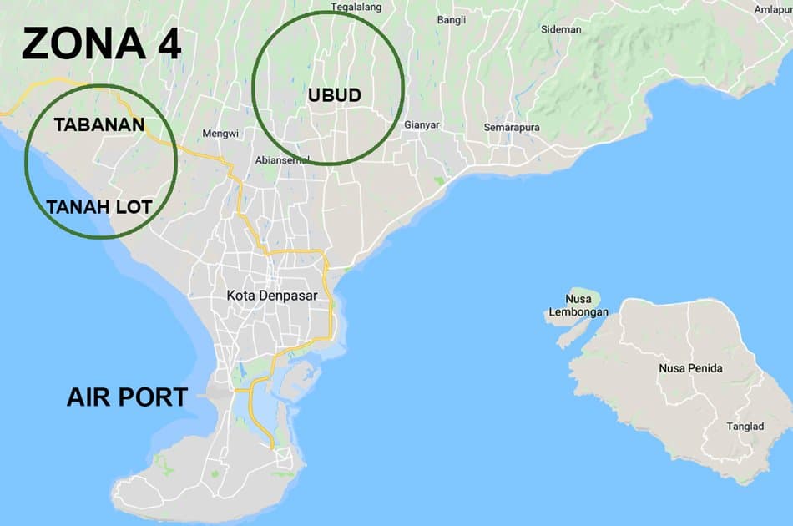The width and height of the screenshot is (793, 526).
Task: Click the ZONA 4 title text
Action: coord(101,43)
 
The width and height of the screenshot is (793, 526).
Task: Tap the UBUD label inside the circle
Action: coord(334,95)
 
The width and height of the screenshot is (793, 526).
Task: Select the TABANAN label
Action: coord(99,125)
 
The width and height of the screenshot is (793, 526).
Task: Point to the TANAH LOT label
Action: coord(99,207)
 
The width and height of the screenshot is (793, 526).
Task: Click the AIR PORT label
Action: coord(127,397)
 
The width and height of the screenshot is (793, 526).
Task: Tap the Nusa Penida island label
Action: coord(690,368)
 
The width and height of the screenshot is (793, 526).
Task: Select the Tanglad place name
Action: coord(745,427)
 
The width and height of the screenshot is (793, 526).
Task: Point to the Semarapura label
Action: coord(512,128)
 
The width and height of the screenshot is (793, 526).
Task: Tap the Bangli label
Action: coord(451,20)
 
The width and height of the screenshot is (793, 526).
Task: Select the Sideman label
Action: coord(561,29)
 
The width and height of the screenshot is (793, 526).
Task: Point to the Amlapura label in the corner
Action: coord(772,10)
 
